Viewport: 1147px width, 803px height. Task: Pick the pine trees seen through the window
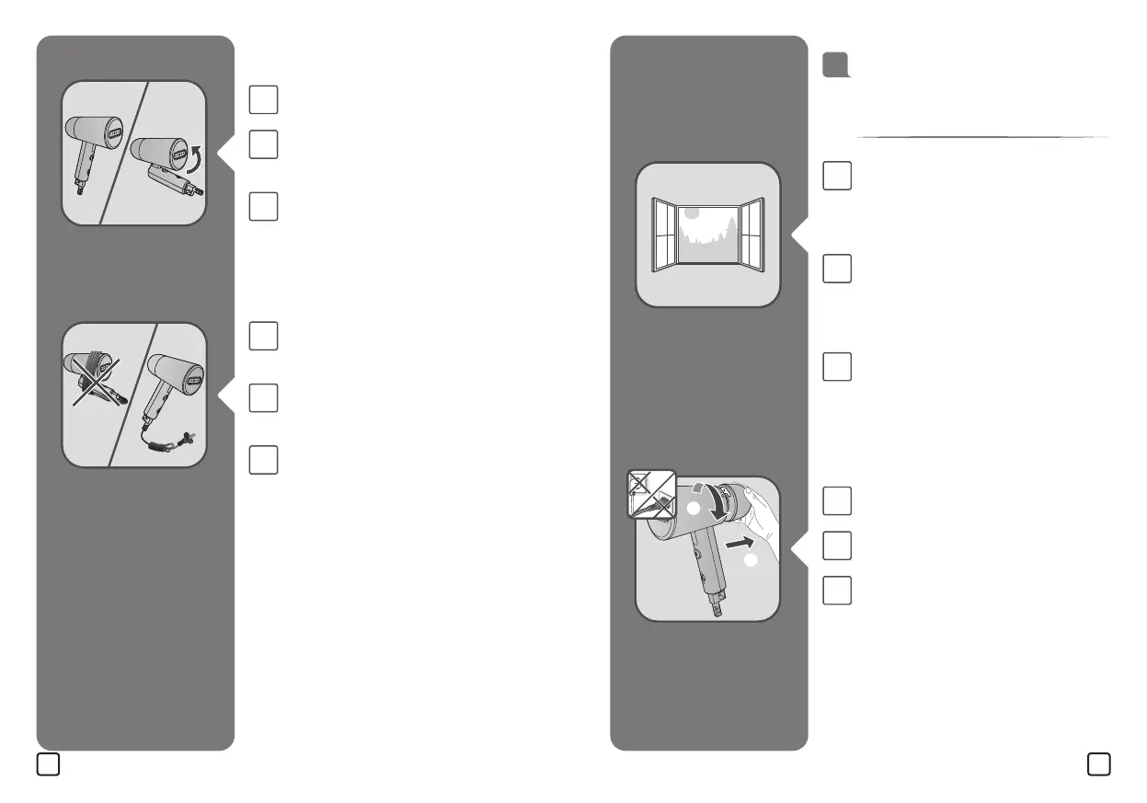727,225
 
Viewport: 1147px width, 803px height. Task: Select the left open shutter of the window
663,234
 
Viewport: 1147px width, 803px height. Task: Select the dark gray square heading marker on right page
834,64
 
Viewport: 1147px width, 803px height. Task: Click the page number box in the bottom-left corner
49,763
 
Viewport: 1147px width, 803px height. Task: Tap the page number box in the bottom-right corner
1097,763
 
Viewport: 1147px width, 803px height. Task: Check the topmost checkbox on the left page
263,99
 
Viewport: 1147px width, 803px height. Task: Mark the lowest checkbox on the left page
263,459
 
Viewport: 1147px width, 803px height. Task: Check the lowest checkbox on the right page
837,590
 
